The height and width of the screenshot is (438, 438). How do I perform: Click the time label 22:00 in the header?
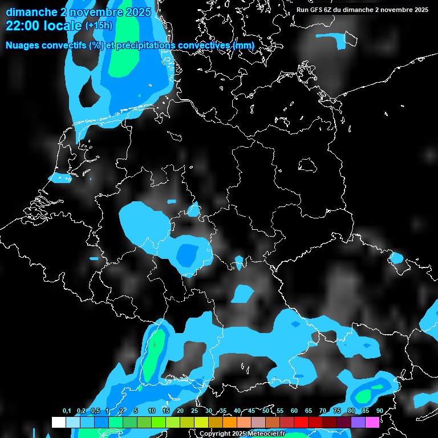pyautogui.click(x=23, y=25)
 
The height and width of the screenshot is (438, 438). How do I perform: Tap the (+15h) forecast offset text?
pyautogui.click(x=99, y=25)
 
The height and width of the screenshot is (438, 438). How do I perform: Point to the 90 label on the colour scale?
pyautogui.click(x=379, y=411)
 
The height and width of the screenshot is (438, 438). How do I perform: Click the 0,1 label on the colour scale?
pyautogui.click(x=67, y=411)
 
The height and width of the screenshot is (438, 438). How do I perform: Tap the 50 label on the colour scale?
pyautogui.click(x=266, y=411)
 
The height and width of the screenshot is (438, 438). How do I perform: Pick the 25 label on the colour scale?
pyautogui.click(x=194, y=411)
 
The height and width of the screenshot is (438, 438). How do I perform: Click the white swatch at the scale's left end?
pyautogui.click(x=58, y=422)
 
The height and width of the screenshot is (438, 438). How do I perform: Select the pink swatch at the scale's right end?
pyautogui.click(x=372, y=422)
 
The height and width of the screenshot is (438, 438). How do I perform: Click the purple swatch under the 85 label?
pyautogui.click(x=358, y=422)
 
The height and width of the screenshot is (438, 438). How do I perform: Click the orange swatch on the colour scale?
pyautogui.click(x=229, y=422)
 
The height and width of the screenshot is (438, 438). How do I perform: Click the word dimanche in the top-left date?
pyautogui.click(x=29, y=12)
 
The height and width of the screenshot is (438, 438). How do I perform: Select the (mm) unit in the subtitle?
pyautogui.click(x=244, y=45)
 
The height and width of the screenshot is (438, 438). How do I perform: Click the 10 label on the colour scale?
pyautogui.click(x=152, y=411)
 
